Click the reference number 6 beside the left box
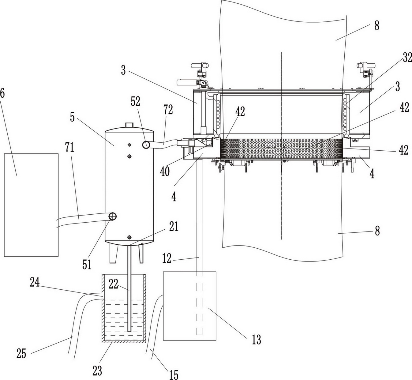[2, 94]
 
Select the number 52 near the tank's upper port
[136, 101]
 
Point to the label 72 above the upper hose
[168, 110]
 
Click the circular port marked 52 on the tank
[147, 145]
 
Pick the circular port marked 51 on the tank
[112, 216]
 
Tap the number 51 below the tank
[87, 265]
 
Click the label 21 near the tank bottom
[174, 226]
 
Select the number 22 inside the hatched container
[114, 284]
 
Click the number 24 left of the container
[35, 282]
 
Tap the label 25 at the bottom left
[21, 353]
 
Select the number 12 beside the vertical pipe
[167, 258]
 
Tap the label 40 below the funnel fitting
[165, 171]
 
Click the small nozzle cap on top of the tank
[129, 125]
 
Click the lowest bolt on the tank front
[129, 237]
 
